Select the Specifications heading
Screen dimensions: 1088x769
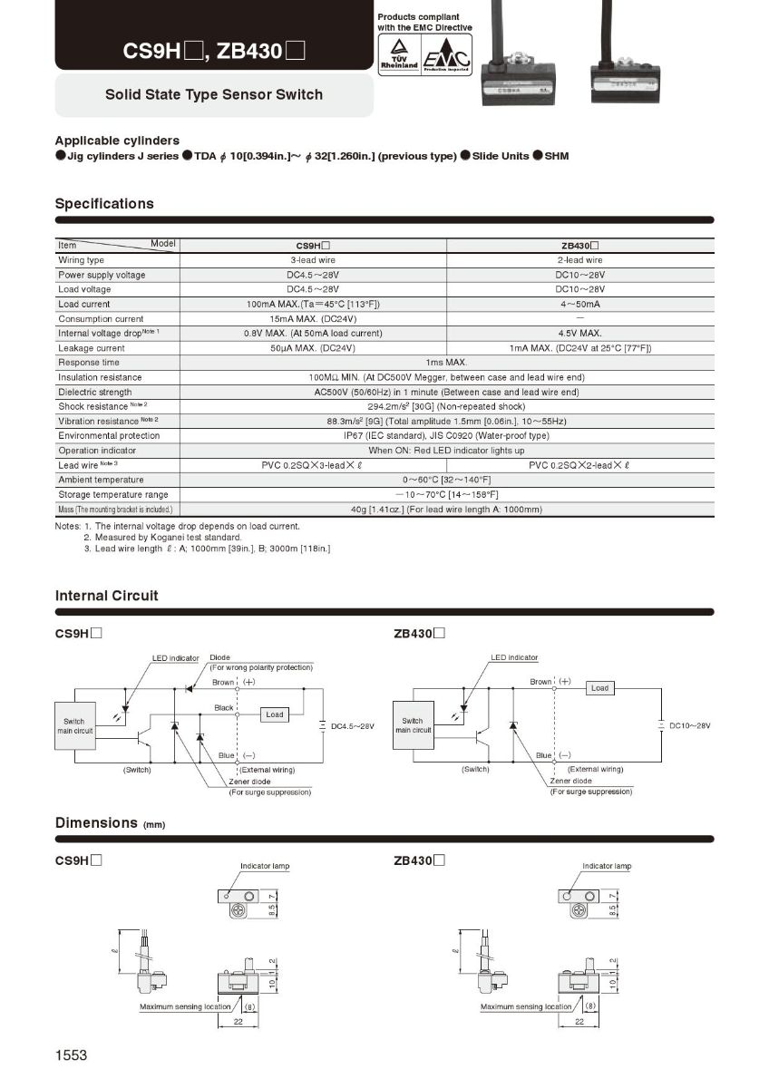tap(104, 204)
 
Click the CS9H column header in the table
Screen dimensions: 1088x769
tap(313, 245)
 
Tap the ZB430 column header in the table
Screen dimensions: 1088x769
tap(580, 245)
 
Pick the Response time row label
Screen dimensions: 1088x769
tap(88, 363)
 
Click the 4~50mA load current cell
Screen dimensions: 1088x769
tap(580, 304)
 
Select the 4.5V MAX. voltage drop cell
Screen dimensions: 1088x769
tap(580, 334)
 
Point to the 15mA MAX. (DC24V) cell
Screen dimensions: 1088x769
tap(313, 319)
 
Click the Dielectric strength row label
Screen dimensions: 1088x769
tap(94, 392)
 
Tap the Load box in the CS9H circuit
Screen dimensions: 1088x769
tap(274, 714)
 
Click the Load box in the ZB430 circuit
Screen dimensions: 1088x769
tap(599, 688)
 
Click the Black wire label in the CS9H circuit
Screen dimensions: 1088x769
tap(224, 707)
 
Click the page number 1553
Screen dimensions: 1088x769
tap(71, 1055)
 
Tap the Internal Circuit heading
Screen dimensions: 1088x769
tap(106, 596)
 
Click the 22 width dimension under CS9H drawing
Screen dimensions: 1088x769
tap(238, 1022)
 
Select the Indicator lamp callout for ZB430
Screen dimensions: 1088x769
tap(607, 866)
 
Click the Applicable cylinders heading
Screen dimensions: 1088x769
tap(117, 141)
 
